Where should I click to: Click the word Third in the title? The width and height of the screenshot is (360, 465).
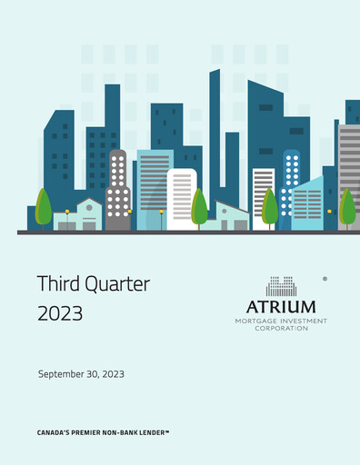59,283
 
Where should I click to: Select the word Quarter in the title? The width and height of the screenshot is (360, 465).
115,284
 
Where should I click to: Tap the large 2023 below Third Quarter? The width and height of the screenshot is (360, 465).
60,313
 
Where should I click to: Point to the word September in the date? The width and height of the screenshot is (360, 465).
63,374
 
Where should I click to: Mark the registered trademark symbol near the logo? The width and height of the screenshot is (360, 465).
325,281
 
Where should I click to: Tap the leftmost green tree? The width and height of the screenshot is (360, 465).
43,206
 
